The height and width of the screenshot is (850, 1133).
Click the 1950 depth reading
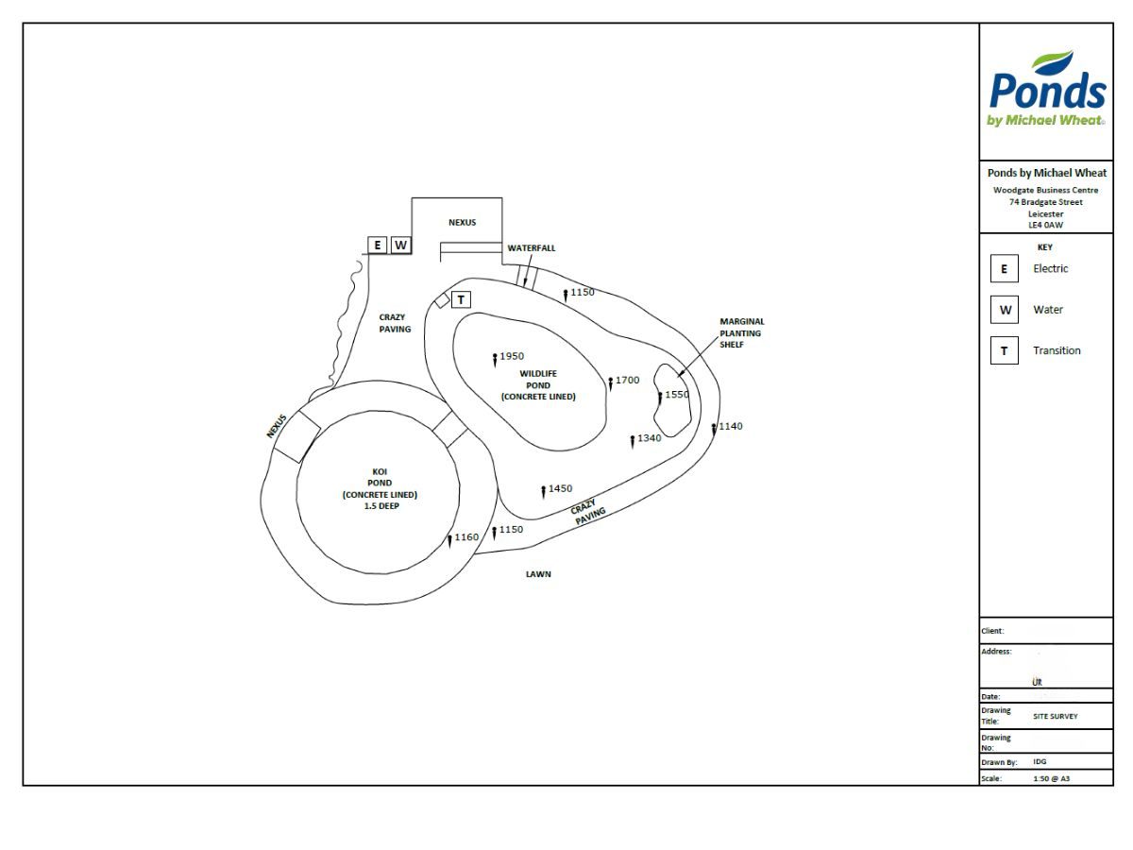(x=512, y=356)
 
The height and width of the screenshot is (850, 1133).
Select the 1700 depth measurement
(x=627, y=380)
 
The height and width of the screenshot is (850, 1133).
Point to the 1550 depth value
(x=677, y=394)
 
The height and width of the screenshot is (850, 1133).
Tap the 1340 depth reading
(x=649, y=437)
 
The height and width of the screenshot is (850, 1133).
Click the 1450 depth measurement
(x=560, y=487)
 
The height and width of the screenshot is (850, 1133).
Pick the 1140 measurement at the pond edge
(x=731, y=426)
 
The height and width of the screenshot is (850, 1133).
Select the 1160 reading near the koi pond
(x=466, y=536)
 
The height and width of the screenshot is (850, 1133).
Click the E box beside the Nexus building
(x=378, y=245)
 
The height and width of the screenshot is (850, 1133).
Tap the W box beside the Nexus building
(x=401, y=245)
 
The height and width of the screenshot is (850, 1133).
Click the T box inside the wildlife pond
(x=461, y=299)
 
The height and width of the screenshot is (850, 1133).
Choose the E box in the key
(x=1004, y=268)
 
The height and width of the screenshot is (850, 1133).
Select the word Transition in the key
(x=1057, y=350)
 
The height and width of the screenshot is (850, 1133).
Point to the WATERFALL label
(x=532, y=247)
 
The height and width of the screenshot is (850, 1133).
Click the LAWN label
(x=538, y=574)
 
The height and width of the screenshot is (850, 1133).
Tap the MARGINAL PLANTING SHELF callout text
(x=742, y=332)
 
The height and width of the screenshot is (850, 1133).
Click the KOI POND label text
(x=380, y=488)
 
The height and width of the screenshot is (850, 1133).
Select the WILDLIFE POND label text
(x=538, y=385)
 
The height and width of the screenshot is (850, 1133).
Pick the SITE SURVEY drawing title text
(x=1055, y=716)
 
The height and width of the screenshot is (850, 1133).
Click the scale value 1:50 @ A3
(x=1052, y=779)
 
